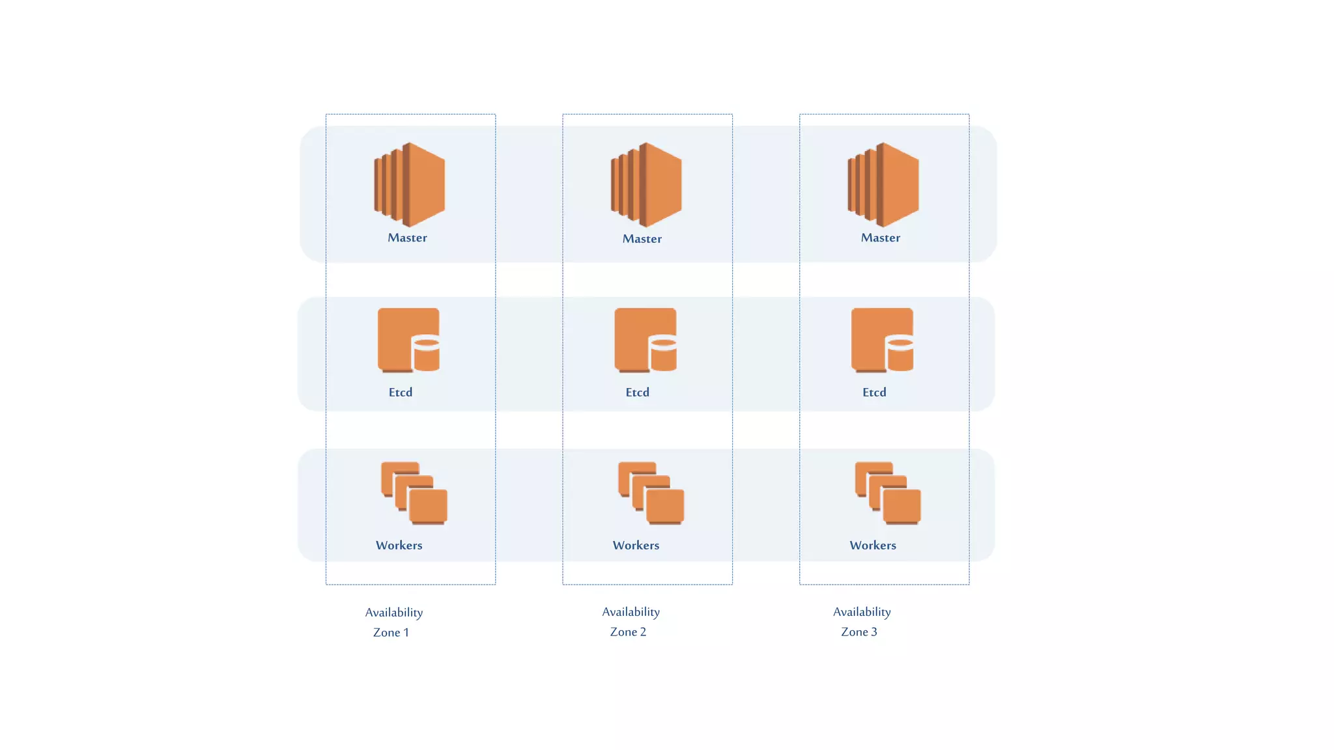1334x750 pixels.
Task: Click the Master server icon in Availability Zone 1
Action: [x=410, y=185]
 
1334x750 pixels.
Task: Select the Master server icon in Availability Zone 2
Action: [x=646, y=185]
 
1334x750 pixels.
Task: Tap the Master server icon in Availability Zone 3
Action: [x=883, y=185]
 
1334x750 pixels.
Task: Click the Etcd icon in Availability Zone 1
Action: [x=408, y=340]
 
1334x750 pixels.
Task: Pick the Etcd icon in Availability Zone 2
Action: [x=646, y=340]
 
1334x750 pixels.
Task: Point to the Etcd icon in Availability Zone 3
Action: [x=882, y=340]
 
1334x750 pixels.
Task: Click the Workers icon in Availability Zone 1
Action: [x=414, y=493]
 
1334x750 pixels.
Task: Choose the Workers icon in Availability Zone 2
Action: [x=651, y=493]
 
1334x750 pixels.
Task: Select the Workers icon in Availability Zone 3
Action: [x=888, y=493]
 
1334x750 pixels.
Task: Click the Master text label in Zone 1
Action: [x=407, y=238]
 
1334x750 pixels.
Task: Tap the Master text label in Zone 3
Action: [x=881, y=238]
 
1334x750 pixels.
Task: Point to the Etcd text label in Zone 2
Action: [x=637, y=392]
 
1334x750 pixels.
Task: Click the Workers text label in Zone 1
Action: [x=399, y=545]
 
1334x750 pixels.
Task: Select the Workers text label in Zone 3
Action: [x=873, y=545]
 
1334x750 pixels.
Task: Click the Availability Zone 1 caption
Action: [x=393, y=622]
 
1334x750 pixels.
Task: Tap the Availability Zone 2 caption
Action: [x=631, y=621]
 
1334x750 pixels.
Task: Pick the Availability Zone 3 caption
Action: [x=861, y=621]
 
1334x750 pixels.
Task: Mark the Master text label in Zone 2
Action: [x=642, y=239]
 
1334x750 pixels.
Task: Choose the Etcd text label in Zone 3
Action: [x=874, y=392]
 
